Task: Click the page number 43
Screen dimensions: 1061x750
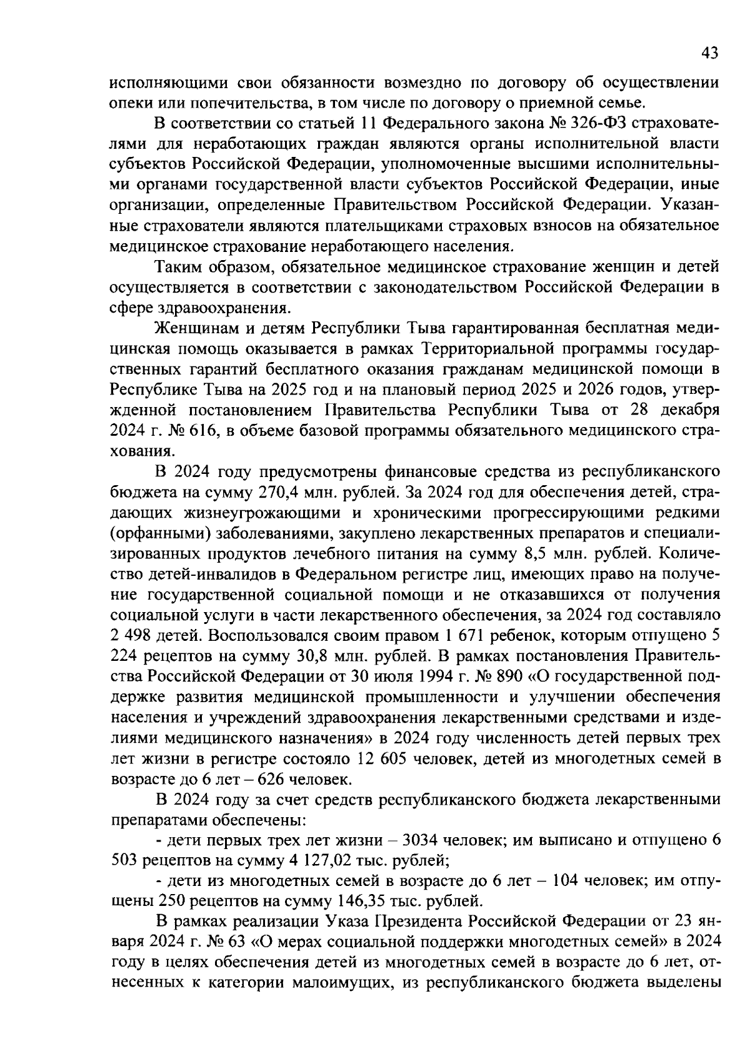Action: point(709,54)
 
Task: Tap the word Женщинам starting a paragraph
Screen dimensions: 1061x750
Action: point(194,328)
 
